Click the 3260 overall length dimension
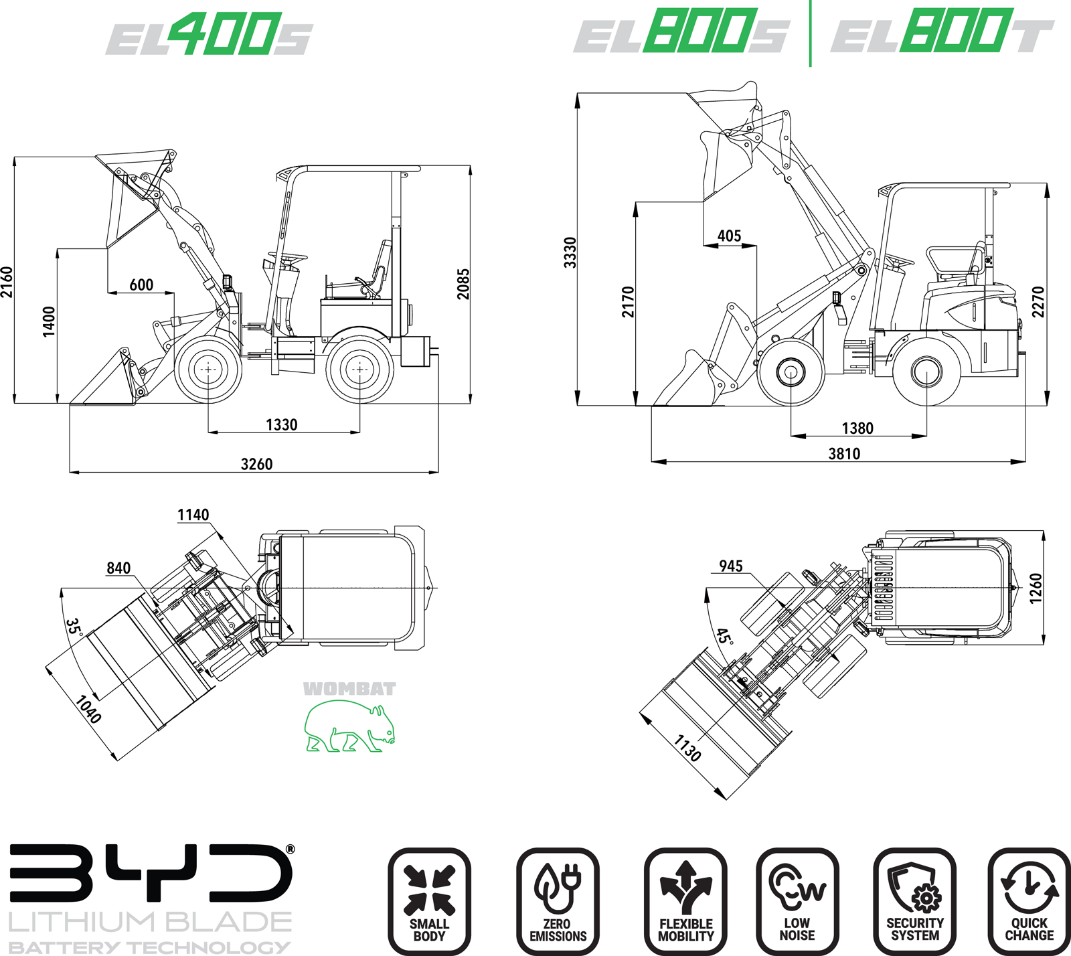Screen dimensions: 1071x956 [x=256, y=464]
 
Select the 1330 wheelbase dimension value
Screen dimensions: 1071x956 [x=281, y=424]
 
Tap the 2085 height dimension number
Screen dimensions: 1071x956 [x=463, y=284]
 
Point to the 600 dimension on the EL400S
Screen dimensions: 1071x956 [x=141, y=285]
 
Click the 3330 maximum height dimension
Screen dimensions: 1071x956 [x=570, y=252]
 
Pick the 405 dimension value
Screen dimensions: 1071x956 [x=729, y=236]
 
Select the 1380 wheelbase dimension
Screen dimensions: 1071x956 [x=857, y=428]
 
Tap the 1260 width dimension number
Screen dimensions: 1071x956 [x=1036, y=588]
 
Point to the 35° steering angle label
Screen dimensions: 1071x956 [x=74, y=627]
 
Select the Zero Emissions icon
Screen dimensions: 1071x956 [x=558, y=901]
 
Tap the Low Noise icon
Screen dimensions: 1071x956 [x=797, y=901]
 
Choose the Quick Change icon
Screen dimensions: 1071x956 [x=1029, y=901]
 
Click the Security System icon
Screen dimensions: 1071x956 [x=914, y=901]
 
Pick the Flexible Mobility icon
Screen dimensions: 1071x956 [x=685, y=901]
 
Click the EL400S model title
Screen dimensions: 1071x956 [x=209, y=34]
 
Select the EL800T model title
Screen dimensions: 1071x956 [x=942, y=31]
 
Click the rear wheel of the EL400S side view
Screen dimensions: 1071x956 [x=359, y=370]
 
